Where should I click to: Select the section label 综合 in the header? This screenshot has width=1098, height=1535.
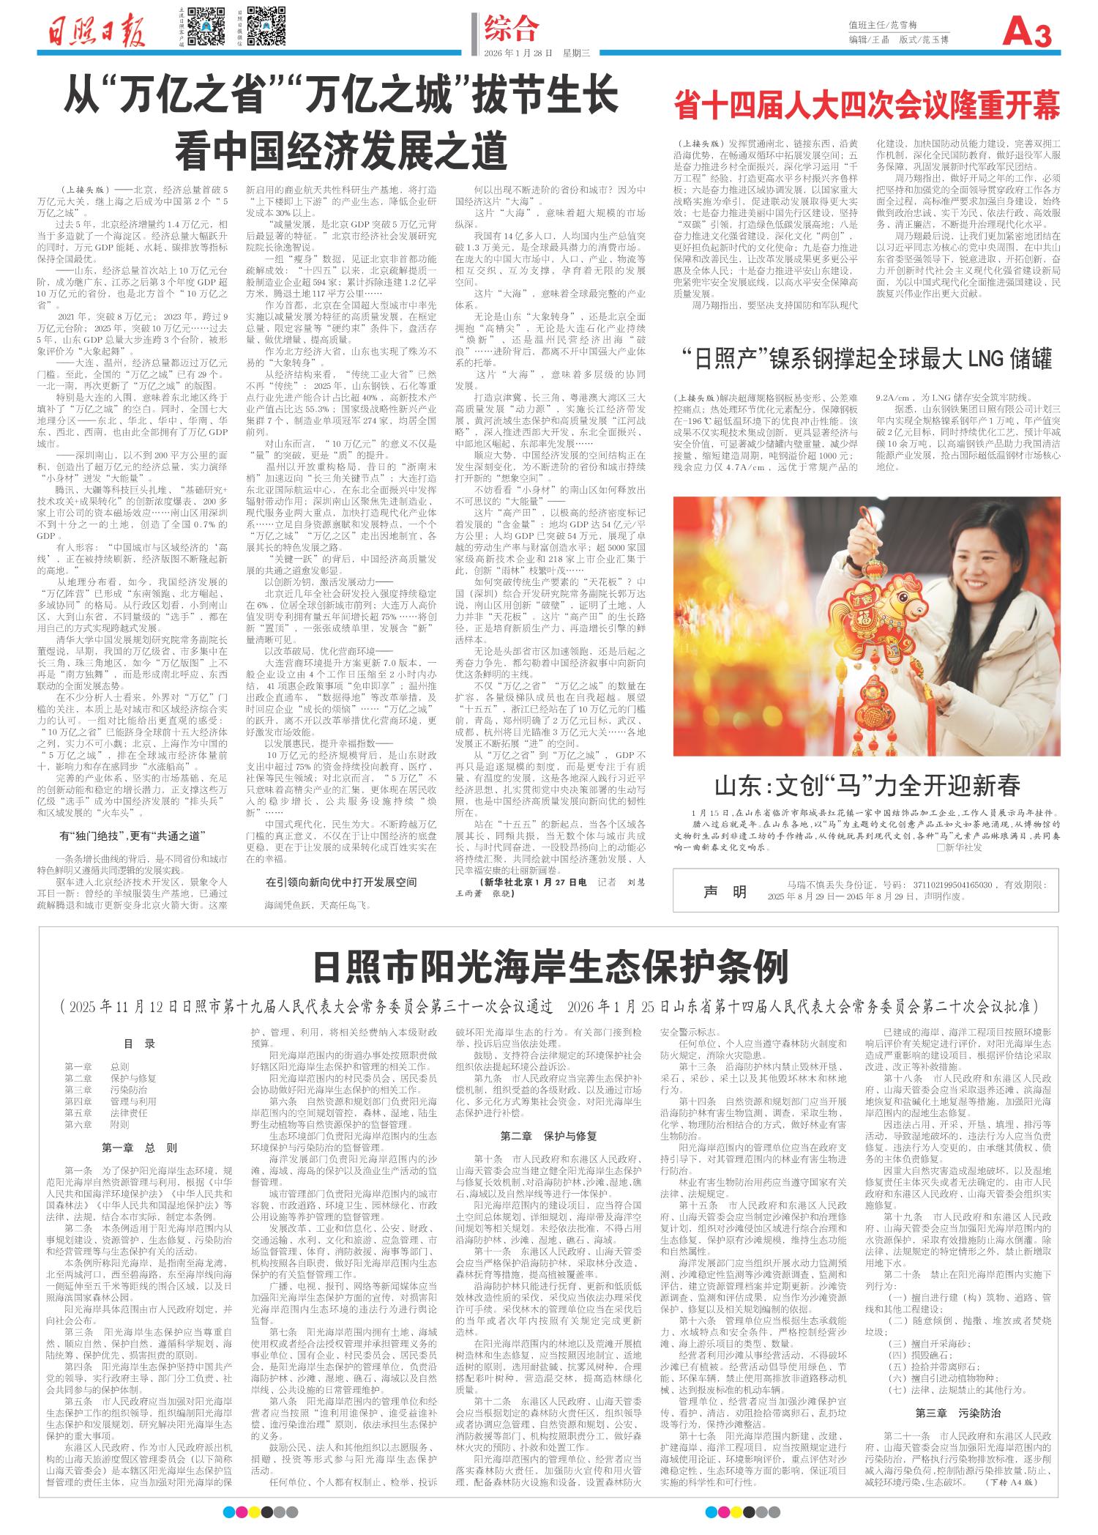[x=512, y=29]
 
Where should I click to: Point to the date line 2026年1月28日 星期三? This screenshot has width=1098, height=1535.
[x=540, y=53]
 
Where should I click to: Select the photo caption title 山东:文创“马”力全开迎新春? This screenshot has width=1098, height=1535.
[x=867, y=787]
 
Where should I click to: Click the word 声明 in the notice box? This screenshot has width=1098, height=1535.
[x=725, y=891]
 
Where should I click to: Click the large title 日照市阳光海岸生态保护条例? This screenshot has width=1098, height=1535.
[x=548, y=967]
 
